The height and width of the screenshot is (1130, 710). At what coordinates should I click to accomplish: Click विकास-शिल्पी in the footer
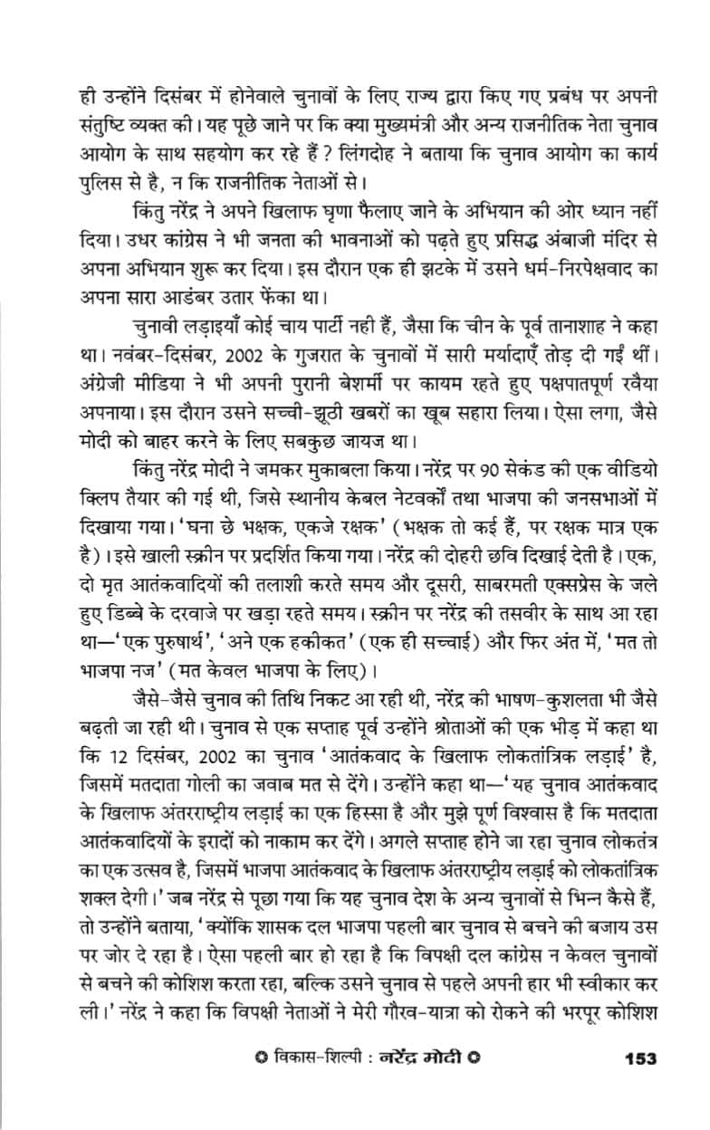tap(305, 1082)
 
